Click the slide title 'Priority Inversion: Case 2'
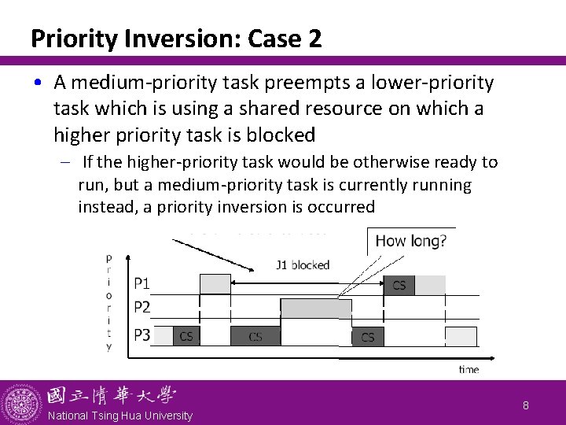pyautogui.click(x=176, y=39)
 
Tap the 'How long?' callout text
pyautogui.click(x=410, y=241)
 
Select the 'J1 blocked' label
pyautogui.click(x=303, y=265)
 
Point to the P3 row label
pyautogui.click(x=142, y=335)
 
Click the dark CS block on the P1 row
pyautogui.click(x=399, y=285)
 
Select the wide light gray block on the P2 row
pyautogui.click(x=316, y=309)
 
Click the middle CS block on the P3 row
pyautogui.click(x=255, y=336)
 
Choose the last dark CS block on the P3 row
pyautogui.click(x=367, y=336)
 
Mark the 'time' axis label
pyautogui.click(x=469, y=368)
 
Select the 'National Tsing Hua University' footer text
pyautogui.click(x=120, y=416)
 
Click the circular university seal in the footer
pyautogui.click(x=22, y=403)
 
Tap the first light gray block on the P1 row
pyautogui.click(x=215, y=284)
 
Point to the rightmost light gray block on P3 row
pyautogui.click(x=461, y=336)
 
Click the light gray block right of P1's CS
pyautogui.click(x=430, y=285)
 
